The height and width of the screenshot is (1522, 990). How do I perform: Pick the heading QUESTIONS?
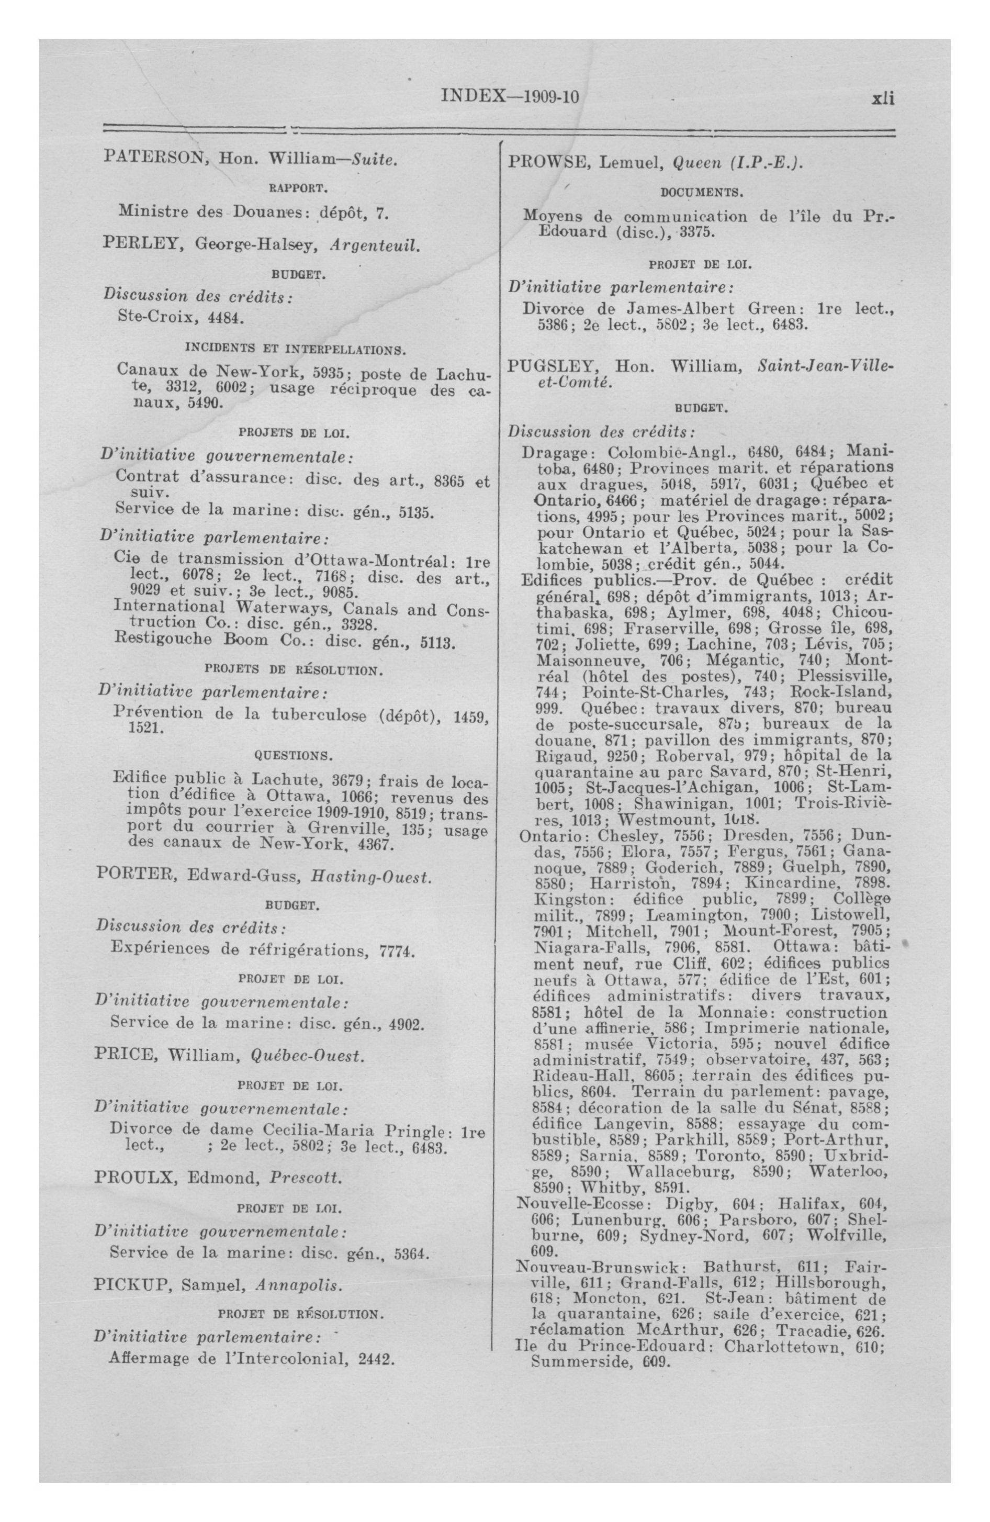pos(294,756)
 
